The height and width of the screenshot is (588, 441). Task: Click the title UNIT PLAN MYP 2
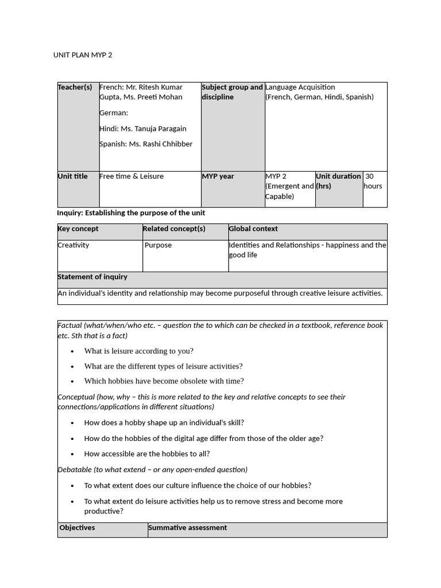tap(87, 55)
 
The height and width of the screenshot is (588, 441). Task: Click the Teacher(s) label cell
tap(75, 87)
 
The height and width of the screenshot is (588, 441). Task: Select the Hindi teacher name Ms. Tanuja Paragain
tap(143, 129)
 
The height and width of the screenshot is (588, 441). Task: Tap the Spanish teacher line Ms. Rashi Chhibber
tap(146, 144)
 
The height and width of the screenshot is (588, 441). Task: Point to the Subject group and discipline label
tap(232, 92)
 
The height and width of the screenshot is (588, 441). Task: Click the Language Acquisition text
tap(300, 87)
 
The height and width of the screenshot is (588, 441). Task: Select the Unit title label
tap(73, 176)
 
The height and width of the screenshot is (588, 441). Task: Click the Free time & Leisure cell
tap(131, 176)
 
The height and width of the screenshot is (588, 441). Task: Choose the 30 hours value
tap(373, 181)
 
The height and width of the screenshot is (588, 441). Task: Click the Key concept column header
tap(78, 229)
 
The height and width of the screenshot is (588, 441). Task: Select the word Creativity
tap(73, 245)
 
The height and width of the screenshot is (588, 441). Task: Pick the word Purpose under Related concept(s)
tap(158, 245)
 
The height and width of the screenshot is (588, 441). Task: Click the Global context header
tap(253, 229)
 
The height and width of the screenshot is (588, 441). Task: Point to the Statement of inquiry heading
tap(92, 277)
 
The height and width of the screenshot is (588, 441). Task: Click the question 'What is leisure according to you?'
tap(138, 351)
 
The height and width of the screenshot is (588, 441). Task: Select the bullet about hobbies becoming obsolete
tap(164, 381)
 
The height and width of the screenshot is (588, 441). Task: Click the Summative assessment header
tap(187, 528)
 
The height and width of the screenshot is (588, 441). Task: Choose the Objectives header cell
tap(78, 528)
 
